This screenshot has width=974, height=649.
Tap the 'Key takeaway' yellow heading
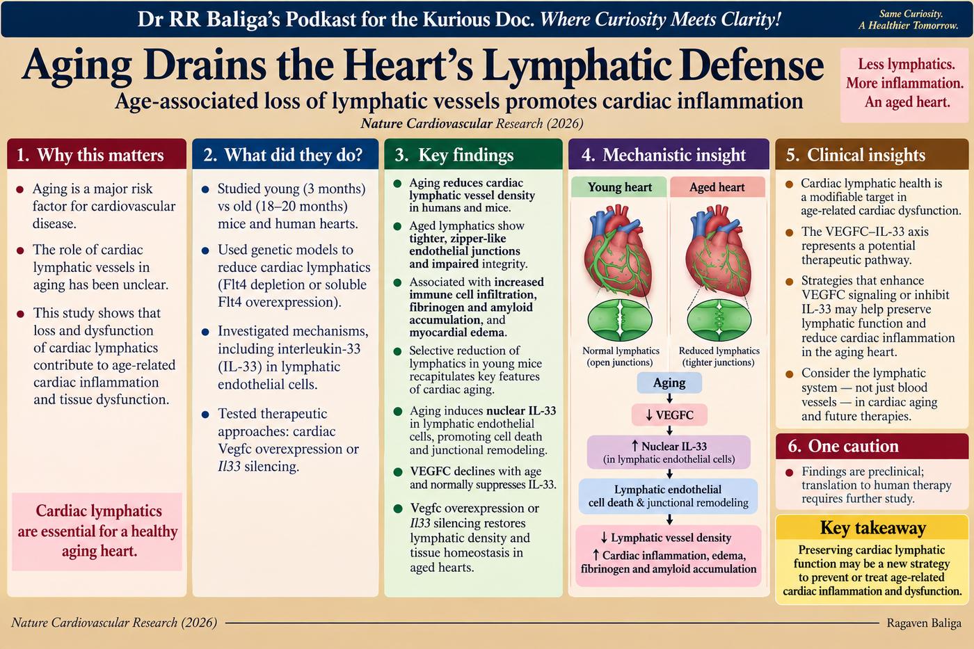click(872, 528)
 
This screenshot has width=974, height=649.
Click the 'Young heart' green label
click(619, 187)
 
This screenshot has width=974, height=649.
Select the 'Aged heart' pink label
click(717, 187)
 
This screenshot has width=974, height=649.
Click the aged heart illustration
click(718, 251)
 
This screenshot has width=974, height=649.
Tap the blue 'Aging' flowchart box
click(669, 383)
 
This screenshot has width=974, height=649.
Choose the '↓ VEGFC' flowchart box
click(669, 415)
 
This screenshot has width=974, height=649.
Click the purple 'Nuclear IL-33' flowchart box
click(669, 452)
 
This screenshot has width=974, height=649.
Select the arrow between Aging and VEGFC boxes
click(669, 399)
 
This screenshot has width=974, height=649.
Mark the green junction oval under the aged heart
click(719, 321)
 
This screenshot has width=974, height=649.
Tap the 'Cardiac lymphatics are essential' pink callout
click(97, 531)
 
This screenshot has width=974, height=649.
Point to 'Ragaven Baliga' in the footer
click(924, 623)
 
